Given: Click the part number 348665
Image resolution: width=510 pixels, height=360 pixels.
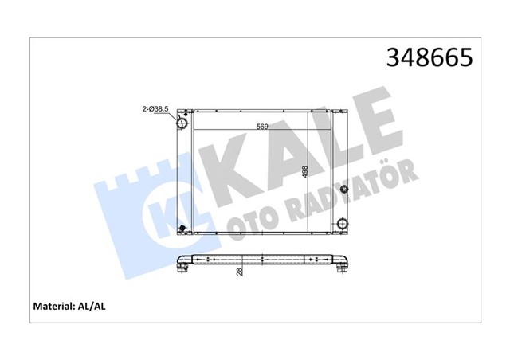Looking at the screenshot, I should click(x=429, y=58).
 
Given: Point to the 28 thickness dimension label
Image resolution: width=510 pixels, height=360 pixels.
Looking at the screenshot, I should click(x=240, y=272).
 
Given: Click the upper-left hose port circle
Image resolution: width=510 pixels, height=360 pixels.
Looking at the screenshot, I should click(x=182, y=125).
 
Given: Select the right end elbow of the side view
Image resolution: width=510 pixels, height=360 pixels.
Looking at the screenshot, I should click(x=343, y=264).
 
